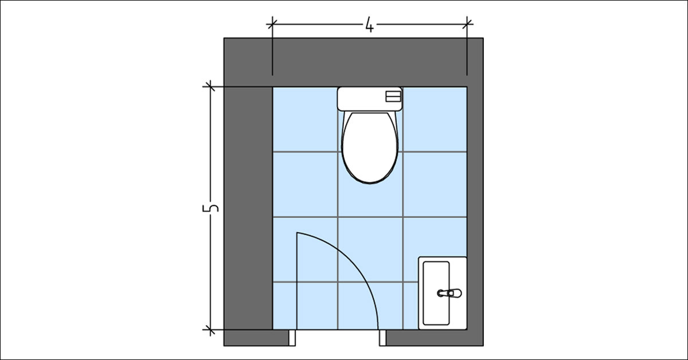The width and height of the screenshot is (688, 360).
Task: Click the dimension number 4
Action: coord(370,25)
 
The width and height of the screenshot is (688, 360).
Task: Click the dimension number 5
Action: coord(211,208)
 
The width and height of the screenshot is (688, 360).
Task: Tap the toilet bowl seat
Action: coord(370,146)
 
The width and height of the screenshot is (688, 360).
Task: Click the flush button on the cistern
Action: coord(393,97)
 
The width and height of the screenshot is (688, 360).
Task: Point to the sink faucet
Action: coord(449,293)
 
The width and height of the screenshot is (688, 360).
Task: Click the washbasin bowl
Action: coord(436,292)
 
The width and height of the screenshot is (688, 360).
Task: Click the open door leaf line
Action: coord(296,281)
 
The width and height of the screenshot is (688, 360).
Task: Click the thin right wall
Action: coord(475,206)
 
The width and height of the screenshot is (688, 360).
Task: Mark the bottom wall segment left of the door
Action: coord(256,338)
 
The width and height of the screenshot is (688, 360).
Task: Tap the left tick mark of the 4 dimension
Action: coord(272,24)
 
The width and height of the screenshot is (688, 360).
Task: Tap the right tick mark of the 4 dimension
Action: coord(468,24)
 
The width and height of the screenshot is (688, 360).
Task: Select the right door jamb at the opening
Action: coord(382,338)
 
